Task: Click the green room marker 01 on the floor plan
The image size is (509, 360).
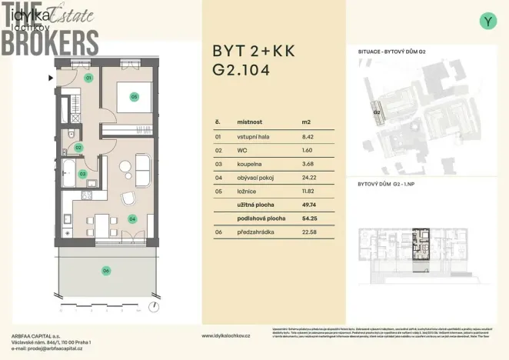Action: [x=88, y=78]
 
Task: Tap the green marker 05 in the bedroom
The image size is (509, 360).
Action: [x=134, y=98]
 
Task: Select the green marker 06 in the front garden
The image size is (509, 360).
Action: [x=106, y=270]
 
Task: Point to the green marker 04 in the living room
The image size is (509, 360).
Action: [x=131, y=219]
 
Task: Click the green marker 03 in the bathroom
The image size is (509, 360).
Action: [x=83, y=174]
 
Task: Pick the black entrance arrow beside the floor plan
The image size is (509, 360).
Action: [x=52, y=78]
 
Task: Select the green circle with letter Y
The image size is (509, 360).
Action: [x=487, y=22]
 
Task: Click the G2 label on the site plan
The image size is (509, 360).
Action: [x=378, y=112]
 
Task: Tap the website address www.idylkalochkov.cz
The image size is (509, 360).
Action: [x=226, y=335]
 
